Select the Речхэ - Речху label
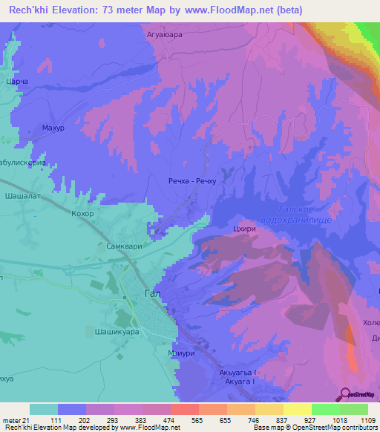[x=193, y=180]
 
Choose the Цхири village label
[x=244, y=229]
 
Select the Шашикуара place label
[x=118, y=332]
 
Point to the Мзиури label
[x=181, y=353]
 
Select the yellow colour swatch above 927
[x=297, y=409]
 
